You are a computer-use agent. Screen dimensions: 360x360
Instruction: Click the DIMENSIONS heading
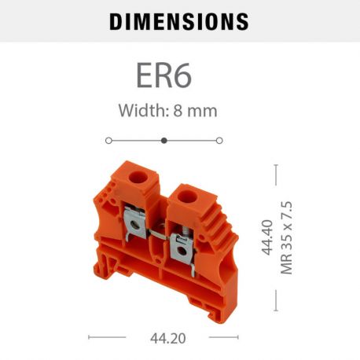click(178, 21)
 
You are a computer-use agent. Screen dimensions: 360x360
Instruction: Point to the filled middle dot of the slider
click(163, 140)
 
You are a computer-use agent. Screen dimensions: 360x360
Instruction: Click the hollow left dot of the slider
click(108, 140)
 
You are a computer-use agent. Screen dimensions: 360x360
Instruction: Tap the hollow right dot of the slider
click(219, 140)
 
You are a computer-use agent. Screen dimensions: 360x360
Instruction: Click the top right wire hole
click(189, 193)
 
